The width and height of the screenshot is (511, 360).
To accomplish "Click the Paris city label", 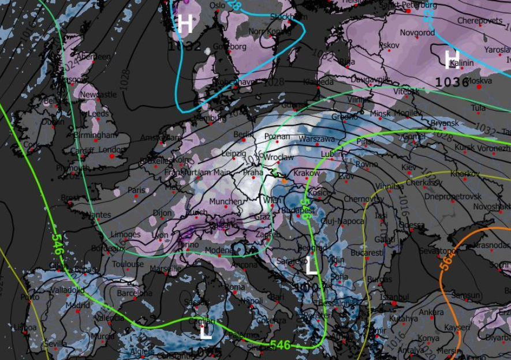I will [136, 190].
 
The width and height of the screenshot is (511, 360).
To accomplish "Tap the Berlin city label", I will [244, 134].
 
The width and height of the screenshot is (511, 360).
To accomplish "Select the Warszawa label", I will [316, 140].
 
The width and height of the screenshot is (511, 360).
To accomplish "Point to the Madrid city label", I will [78, 305].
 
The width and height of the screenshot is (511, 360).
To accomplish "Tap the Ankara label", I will [431, 313].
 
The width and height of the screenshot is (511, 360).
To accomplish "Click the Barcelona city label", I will [134, 293].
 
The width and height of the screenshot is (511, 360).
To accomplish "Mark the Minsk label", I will [381, 114].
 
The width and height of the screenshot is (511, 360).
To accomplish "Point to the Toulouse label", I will [128, 264].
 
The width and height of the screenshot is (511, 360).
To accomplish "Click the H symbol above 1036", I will [452, 58].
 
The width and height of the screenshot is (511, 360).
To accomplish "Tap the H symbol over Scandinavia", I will [185, 25].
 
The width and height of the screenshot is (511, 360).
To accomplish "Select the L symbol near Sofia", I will [311, 267].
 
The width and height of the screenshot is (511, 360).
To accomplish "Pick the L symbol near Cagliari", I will [204, 332].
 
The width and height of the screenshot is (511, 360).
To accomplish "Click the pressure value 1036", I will [452, 82].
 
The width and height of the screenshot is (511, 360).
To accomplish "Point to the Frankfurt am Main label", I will [194, 172].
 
